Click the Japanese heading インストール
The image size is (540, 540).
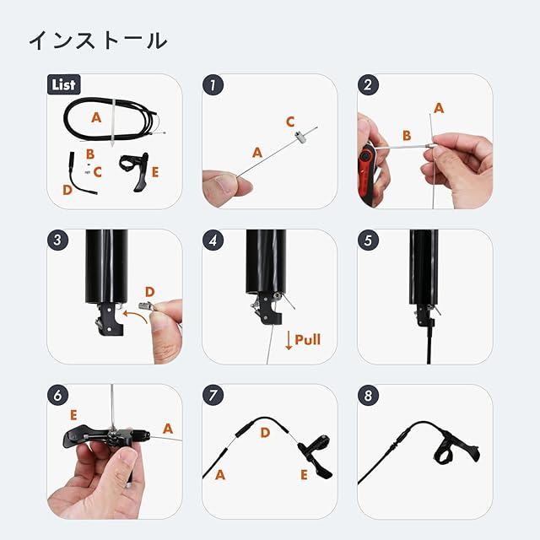pyautogui.click(x=98, y=40)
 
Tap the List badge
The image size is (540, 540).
pyautogui.click(x=64, y=84)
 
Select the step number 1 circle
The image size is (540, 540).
pyautogui.click(x=213, y=84)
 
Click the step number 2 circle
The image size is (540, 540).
pyautogui.click(x=368, y=84)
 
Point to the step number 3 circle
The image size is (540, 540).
pyautogui.click(x=58, y=240)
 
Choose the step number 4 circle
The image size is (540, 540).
pyautogui.click(x=213, y=240)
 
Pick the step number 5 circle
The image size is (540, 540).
pyautogui.click(x=368, y=240)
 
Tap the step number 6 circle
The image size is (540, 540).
pyautogui.click(x=58, y=396)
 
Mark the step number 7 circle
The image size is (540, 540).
pyautogui.click(x=213, y=396)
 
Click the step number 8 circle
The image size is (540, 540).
pyautogui.click(x=368, y=396)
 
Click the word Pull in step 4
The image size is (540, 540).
pyautogui.click(x=307, y=339)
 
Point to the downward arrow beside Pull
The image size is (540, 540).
pyautogui.click(x=289, y=341)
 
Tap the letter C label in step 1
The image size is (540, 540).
pyautogui.click(x=290, y=121)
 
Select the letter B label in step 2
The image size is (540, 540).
pyautogui.click(x=407, y=135)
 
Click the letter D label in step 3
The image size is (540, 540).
pyautogui.click(x=150, y=292)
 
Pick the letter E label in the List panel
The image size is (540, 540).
pyautogui.click(x=155, y=172)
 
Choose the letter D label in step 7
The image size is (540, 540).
pyautogui.click(x=265, y=433)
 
